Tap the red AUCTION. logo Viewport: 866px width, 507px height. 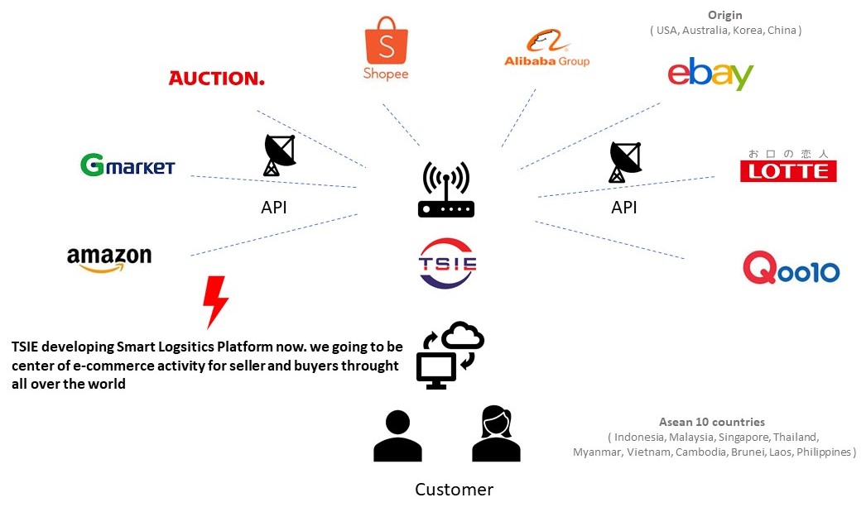click(x=216, y=79)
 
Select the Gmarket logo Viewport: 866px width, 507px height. click(x=127, y=165)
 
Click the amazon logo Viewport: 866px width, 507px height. click(x=109, y=258)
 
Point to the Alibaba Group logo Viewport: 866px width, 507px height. click(x=546, y=49)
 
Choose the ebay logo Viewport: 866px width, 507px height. click(x=710, y=74)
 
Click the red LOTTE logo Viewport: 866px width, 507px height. click(x=787, y=166)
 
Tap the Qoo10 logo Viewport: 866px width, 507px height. click(x=791, y=270)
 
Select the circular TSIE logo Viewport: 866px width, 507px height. click(x=447, y=263)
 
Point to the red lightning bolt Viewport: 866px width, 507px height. click(x=215, y=301)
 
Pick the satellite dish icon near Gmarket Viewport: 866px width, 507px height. click(x=279, y=155)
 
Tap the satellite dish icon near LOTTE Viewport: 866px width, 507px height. click(x=625, y=161)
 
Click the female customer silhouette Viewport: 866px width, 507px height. click(x=496, y=434)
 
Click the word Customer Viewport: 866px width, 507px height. click(x=454, y=489)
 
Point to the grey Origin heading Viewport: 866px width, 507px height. click(x=724, y=15)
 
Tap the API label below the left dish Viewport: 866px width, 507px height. click(x=274, y=208)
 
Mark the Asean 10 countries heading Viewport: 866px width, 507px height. click(x=711, y=422)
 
